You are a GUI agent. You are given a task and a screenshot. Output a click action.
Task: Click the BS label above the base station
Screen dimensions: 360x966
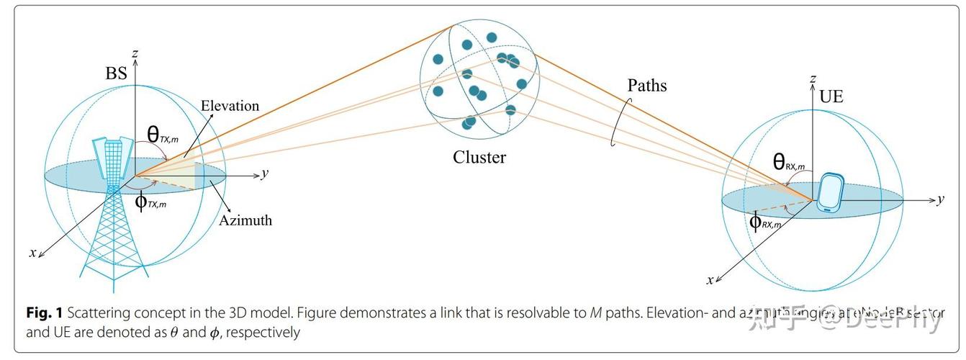116,73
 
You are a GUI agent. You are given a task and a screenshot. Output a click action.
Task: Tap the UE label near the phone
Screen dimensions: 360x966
831,96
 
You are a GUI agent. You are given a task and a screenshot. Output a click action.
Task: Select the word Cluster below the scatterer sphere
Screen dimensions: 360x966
479,157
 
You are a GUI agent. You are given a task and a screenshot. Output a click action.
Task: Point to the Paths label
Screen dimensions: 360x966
647,86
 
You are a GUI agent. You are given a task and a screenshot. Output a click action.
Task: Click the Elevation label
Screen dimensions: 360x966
230,106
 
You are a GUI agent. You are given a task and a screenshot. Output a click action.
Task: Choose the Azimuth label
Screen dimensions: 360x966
246,220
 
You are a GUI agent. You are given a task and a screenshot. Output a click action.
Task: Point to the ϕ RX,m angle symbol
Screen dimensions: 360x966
764,222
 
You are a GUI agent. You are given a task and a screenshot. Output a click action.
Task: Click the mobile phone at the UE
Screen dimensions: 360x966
831,192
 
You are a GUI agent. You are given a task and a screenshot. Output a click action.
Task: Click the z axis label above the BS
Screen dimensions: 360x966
135,53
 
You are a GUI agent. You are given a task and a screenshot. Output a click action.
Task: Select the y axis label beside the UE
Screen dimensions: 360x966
940,199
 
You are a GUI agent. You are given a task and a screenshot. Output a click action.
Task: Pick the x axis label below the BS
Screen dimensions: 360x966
32,252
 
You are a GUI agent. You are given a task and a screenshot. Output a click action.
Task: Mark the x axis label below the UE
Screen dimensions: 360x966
709,280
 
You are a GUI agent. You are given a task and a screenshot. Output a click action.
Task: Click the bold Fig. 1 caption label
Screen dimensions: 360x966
45,313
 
